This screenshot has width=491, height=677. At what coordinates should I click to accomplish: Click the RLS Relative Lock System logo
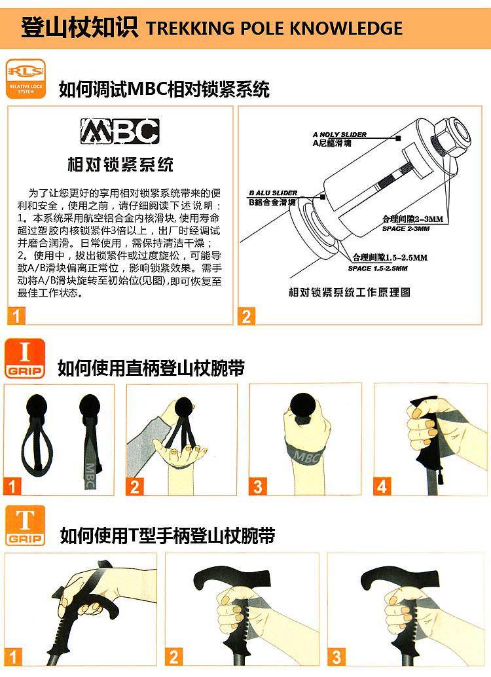(26, 79)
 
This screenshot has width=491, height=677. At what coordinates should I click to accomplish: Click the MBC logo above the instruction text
(120, 131)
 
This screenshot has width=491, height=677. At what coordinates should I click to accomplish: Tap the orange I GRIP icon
(25, 359)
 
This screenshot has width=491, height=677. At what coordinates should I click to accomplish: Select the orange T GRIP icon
(25, 526)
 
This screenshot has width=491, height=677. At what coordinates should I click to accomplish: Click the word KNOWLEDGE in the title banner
(346, 29)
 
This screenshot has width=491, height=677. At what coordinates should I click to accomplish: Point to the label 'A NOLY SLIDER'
(339, 135)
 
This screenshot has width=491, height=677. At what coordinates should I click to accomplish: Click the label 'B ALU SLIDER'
(274, 193)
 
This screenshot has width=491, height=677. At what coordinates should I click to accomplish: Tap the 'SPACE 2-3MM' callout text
(406, 229)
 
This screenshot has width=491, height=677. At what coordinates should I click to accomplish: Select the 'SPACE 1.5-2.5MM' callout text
(378, 268)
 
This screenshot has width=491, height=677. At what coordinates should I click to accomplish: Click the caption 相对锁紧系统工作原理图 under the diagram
(350, 292)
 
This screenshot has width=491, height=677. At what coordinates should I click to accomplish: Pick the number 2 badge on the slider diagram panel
(246, 316)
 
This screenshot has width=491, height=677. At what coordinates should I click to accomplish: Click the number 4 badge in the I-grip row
(382, 486)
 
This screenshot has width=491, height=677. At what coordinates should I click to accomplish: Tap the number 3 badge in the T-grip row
(336, 657)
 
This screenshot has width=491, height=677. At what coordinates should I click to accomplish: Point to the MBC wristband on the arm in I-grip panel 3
(305, 454)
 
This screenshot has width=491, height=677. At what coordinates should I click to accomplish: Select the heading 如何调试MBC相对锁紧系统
(164, 90)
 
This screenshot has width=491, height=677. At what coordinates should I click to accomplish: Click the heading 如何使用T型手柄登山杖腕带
(168, 536)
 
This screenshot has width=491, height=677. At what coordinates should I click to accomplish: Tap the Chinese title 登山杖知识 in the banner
(79, 27)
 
